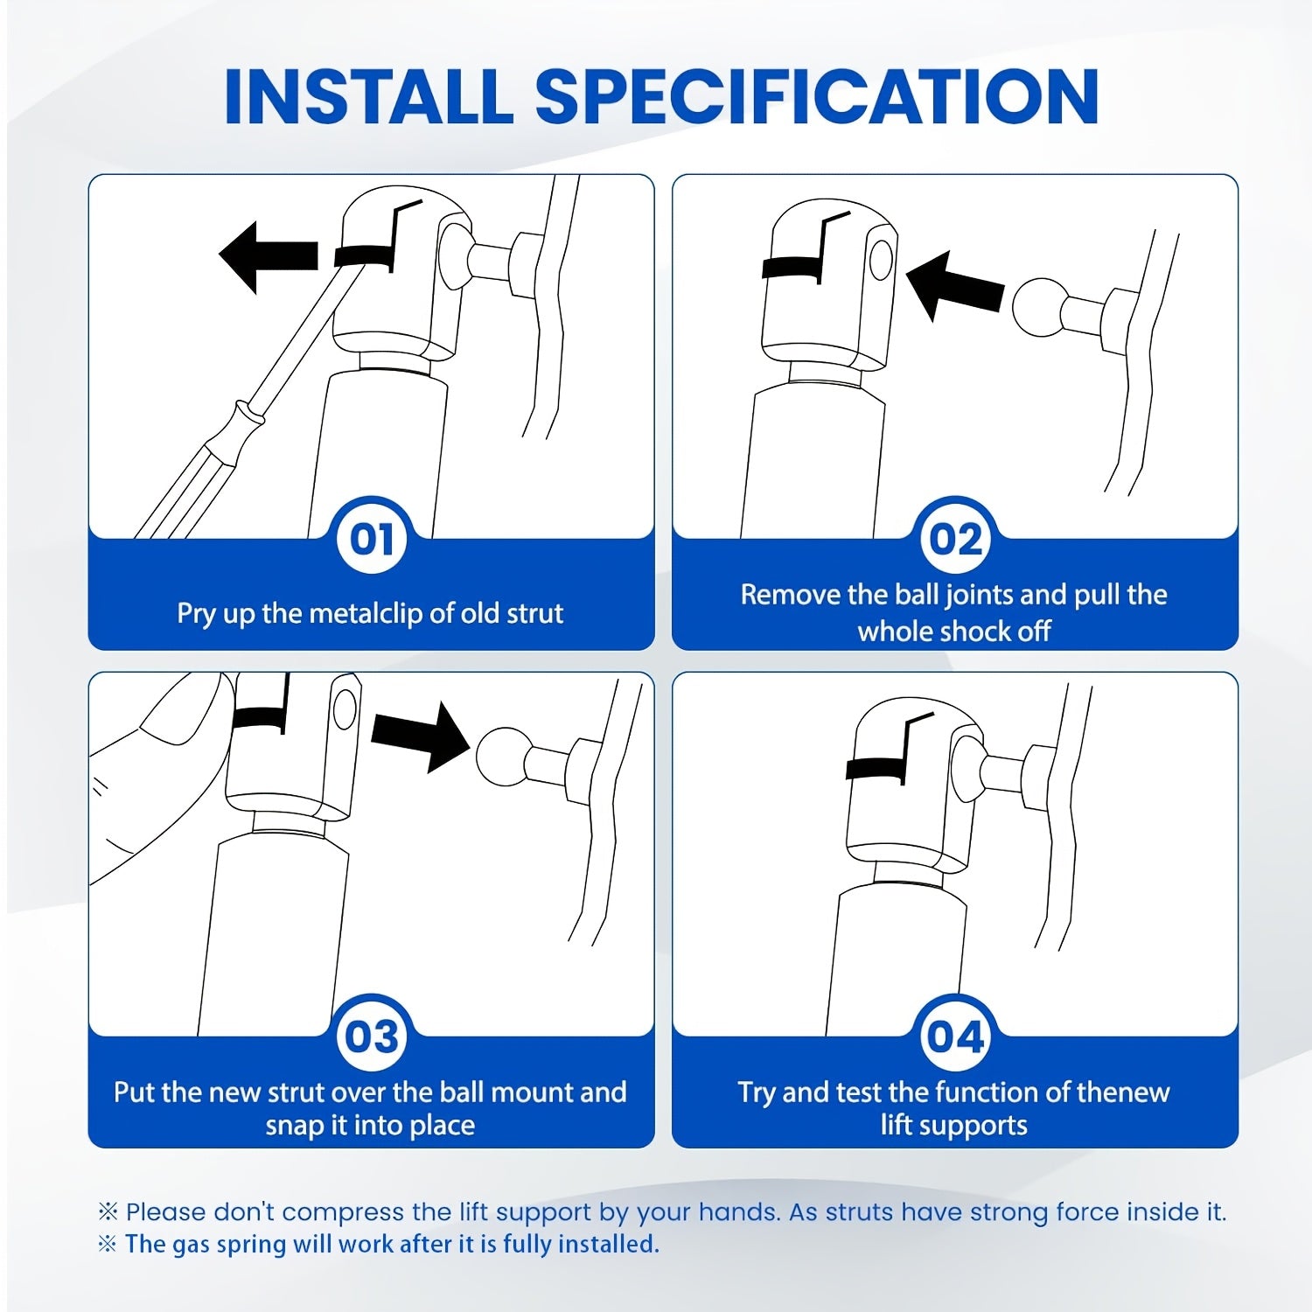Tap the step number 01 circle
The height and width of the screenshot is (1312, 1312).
[372, 539]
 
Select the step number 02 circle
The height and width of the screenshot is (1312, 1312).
[955, 539]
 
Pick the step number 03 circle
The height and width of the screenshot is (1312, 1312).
[372, 1036]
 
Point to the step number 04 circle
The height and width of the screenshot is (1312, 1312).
[955, 1036]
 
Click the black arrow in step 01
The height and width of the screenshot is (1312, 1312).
[268, 256]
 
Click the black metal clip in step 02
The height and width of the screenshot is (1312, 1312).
[793, 267]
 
